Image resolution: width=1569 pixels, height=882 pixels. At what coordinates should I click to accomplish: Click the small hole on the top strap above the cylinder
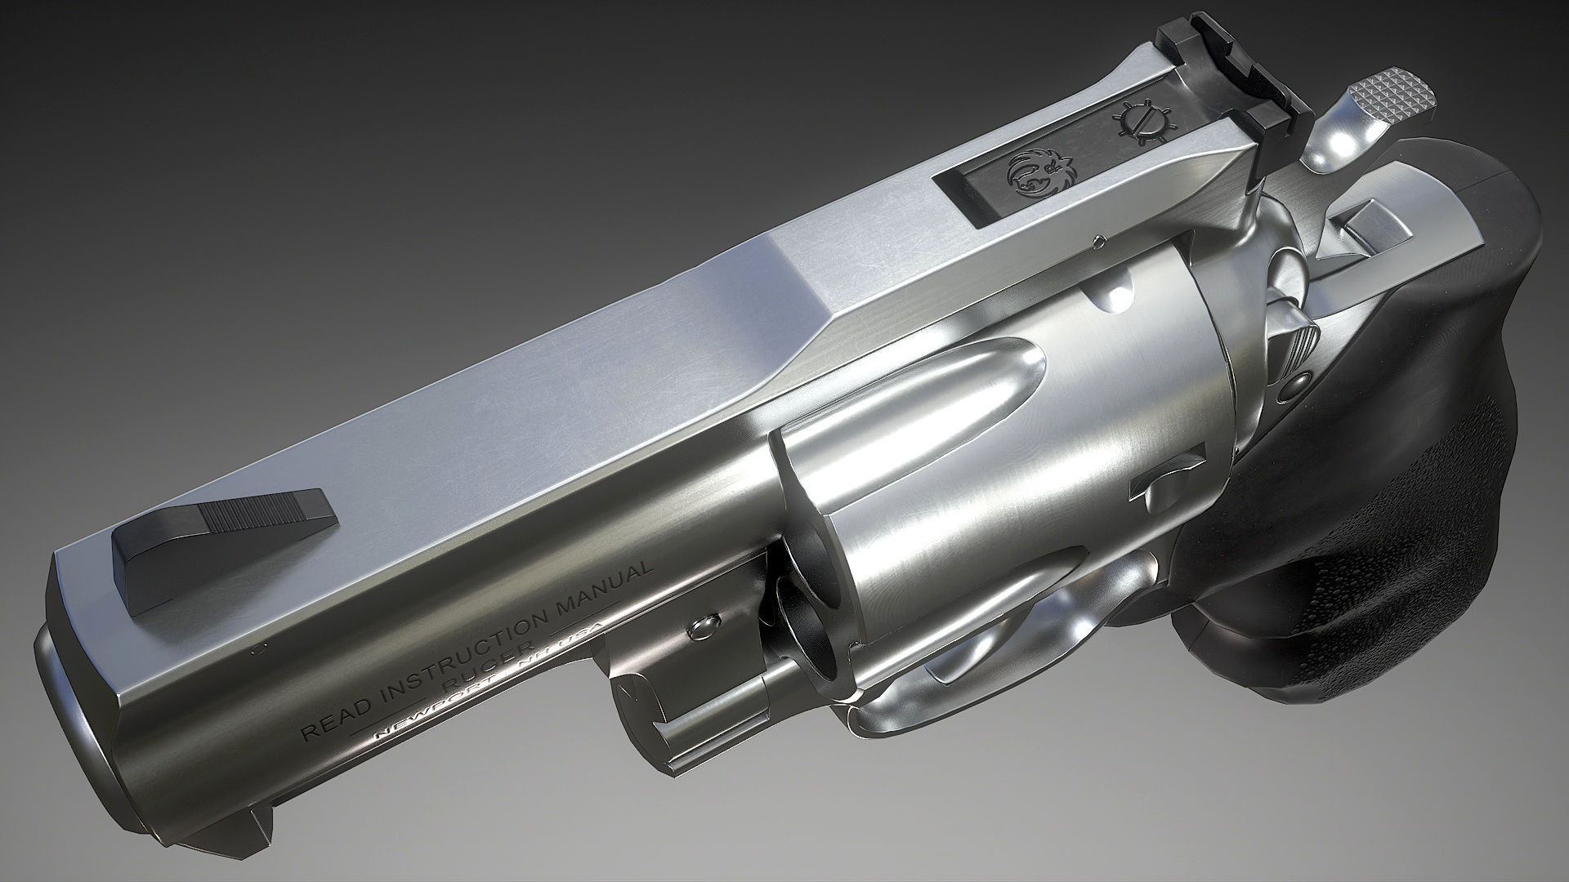(1099, 240)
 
